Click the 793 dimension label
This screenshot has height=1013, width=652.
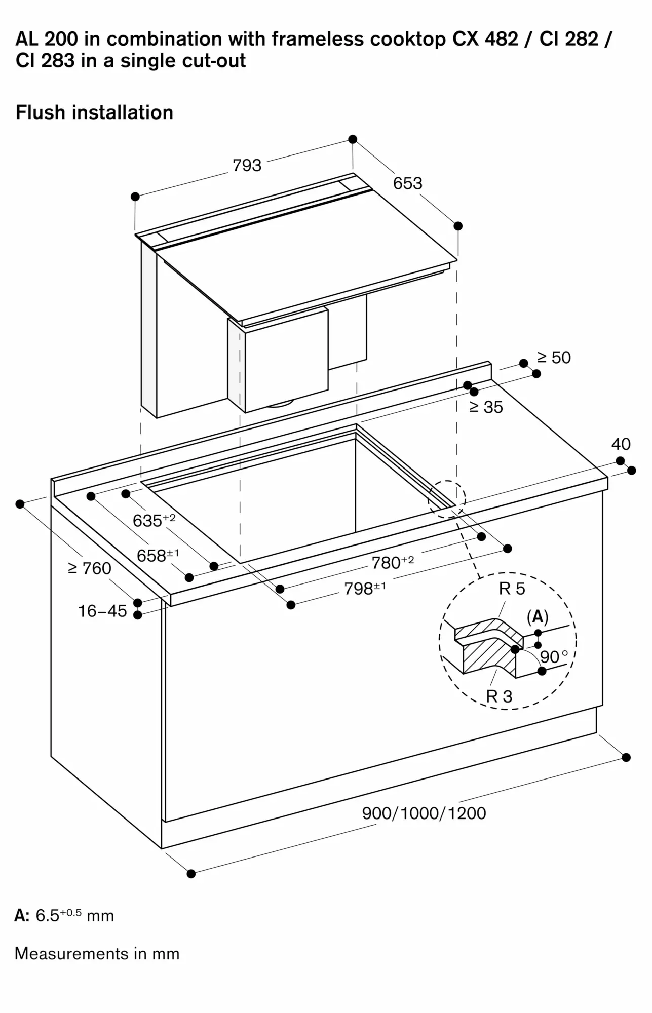click(x=247, y=165)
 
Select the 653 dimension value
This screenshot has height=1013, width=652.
click(x=407, y=183)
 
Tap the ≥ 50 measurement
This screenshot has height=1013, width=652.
click(x=554, y=358)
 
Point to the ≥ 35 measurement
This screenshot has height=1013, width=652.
click(x=486, y=407)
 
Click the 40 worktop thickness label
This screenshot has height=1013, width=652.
click(x=621, y=444)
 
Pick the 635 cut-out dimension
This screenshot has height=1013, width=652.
click(x=154, y=520)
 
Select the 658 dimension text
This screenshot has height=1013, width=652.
click(x=158, y=556)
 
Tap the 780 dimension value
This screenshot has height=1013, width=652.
click(x=393, y=562)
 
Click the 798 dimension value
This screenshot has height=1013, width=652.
click(x=365, y=589)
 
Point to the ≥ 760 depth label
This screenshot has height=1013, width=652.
click(x=90, y=568)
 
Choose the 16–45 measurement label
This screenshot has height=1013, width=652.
click(x=102, y=611)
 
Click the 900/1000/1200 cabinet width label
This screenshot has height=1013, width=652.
click(x=424, y=813)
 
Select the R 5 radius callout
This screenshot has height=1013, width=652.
click(x=512, y=589)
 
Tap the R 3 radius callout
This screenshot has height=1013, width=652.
click(x=499, y=696)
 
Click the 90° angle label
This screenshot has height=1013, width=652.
click(x=553, y=657)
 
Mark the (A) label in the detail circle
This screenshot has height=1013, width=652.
click(x=538, y=616)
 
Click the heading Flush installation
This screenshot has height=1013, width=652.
click(x=95, y=112)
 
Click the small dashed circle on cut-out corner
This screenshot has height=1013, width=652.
click(x=446, y=498)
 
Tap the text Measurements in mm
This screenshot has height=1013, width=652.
click(x=97, y=954)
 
